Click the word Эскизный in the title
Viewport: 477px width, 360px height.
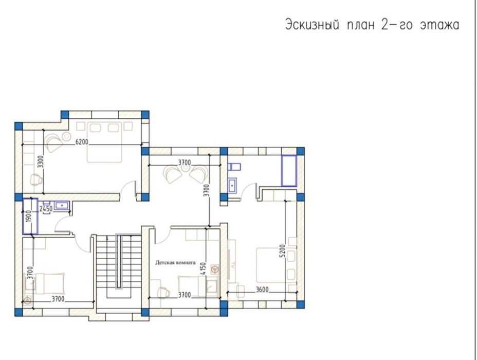312,25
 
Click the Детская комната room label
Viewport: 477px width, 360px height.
175,262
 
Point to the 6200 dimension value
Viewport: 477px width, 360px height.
82,142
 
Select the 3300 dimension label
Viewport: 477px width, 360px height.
41,162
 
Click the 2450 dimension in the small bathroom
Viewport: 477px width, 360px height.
46,209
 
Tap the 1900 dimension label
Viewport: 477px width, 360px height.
29,216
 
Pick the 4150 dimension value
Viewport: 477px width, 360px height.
203,268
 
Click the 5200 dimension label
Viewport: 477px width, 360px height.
282,251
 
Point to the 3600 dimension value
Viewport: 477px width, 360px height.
262,290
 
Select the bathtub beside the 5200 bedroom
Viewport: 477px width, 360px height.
289,171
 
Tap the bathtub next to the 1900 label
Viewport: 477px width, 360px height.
30,216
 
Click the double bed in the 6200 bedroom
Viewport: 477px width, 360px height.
105,142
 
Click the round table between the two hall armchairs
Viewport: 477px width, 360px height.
185,172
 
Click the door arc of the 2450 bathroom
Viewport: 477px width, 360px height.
63,225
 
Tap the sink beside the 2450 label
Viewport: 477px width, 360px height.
62,205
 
